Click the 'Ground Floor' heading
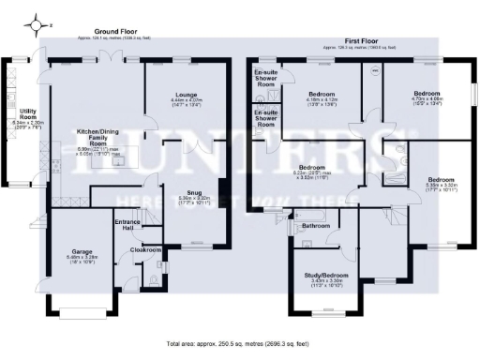pos(112,32)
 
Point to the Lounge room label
pos(183,96)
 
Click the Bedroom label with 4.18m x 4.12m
pos(322,95)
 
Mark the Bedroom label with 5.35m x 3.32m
pos(441,179)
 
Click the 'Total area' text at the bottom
pos(240,344)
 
